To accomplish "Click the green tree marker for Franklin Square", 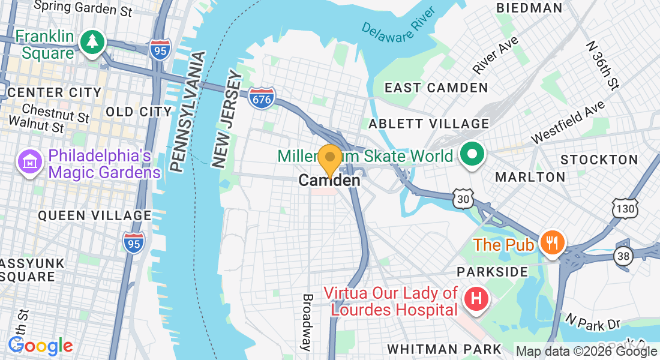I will tap(92, 41).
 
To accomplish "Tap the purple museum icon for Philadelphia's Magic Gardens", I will tap(29, 161).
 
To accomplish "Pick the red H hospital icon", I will tap(476, 298).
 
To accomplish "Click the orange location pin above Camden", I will tap(329, 160).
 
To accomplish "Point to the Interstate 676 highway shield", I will tap(262, 98).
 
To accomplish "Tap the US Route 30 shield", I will tap(463, 200).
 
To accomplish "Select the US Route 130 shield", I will tap(623, 208).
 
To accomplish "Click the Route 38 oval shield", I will tap(623, 256).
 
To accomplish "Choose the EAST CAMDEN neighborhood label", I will tap(436, 88).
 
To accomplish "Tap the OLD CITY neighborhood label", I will tap(139, 112).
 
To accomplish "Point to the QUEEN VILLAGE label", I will tap(95, 215).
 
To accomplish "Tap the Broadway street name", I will tap(307, 322).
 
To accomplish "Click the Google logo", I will tap(41, 346).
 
